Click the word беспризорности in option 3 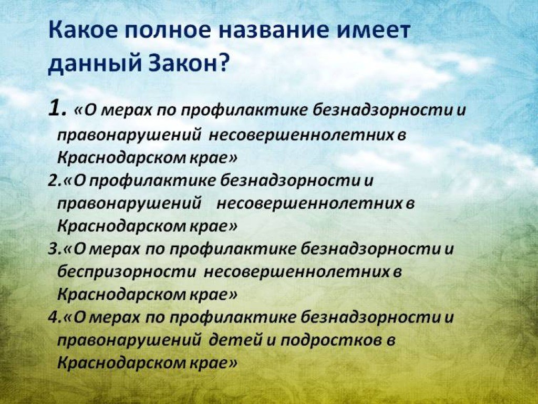127,272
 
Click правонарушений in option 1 129,135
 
